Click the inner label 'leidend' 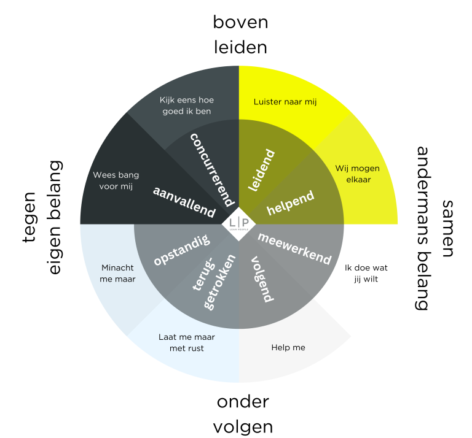pyautogui.click(x=261, y=170)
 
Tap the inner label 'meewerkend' pyautogui.click(x=294, y=248)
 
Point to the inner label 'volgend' pyautogui.click(x=262, y=279)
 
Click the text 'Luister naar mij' pyautogui.click(x=285, y=102)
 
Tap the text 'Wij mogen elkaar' pyautogui.click(x=357, y=174)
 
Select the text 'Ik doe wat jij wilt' pyautogui.click(x=366, y=273)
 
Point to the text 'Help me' pyautogui.click(x=288, y=348)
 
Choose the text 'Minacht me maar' pyautogui.click(x=117, y=273)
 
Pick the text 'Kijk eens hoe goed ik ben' pyautogui.click(x=186, y=106)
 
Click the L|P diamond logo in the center pyautogui.click(x=238, y=225)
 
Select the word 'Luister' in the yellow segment pyautogui.click(x=267, y=102)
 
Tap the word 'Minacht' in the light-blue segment pyautogui.click(x=117, y=267)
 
